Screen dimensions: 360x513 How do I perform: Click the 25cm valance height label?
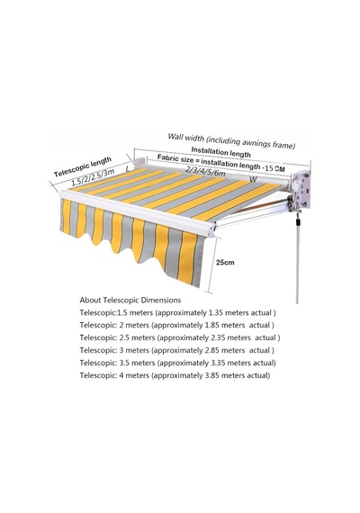point(225,262)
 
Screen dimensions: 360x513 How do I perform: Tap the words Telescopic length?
point(83,166)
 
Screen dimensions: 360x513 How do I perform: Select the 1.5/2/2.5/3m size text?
point(93,177)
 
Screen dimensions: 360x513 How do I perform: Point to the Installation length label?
point(220,152)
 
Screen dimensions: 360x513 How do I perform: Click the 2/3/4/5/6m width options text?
point(205,171)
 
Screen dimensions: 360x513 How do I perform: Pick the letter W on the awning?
point(253,179)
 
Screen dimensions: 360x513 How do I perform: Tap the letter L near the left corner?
point(128,169)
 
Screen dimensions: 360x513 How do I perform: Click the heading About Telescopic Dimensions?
point(130,300)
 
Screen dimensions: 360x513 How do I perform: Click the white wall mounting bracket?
point(301,191)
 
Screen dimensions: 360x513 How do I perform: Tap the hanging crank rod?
point(298,258)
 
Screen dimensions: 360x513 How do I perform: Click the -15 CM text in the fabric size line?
point(274,168)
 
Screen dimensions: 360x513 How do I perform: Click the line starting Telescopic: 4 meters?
point(175,375)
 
